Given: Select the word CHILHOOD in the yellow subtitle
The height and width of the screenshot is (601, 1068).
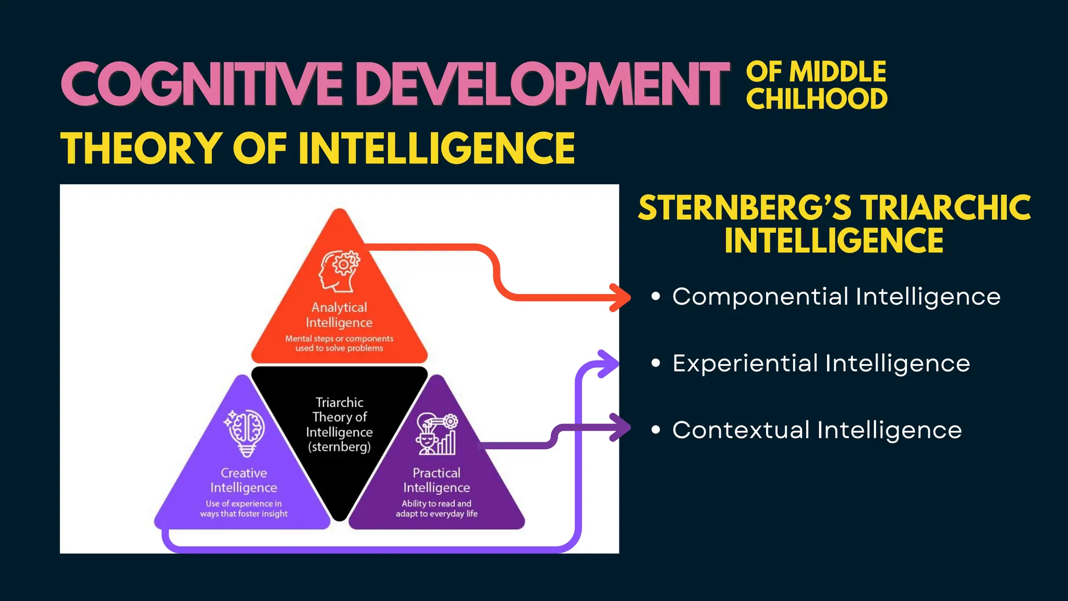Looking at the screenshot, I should (817, 99).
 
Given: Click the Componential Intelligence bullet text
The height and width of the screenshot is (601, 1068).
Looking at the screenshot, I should (836, 296).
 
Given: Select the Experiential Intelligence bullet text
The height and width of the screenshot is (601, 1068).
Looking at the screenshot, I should (821, 363).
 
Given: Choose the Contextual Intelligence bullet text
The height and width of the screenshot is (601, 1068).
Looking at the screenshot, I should (817, 430).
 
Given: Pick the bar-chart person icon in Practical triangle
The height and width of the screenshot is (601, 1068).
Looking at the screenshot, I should (436, 434).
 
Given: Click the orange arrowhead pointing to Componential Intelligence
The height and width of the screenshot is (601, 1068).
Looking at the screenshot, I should (622, 298).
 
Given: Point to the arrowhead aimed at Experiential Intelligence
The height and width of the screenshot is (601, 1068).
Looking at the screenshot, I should (608, 364).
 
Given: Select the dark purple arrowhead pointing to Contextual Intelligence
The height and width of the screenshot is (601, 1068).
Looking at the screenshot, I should (622, 427).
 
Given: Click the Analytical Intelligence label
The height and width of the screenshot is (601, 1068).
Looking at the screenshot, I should (339, 315).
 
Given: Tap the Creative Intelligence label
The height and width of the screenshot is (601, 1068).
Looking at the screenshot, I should (244, 480).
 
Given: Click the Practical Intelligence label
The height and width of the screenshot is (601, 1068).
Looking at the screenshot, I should (436, 480).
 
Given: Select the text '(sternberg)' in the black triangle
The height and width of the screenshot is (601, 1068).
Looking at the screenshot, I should (339, 447).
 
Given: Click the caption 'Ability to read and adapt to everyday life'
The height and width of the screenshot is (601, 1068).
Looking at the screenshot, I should (436, 509).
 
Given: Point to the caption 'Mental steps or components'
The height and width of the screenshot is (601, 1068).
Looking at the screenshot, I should (339, 339).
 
